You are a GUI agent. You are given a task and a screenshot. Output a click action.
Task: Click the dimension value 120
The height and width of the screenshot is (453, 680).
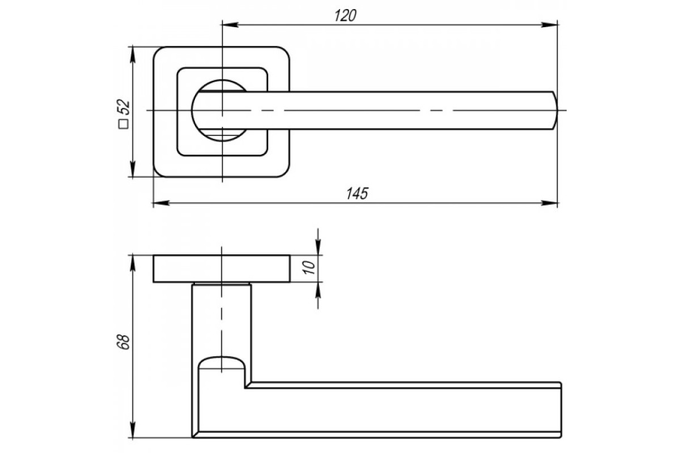(x=345, y=16)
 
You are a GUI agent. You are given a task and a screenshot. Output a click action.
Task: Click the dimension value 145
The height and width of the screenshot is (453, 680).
(x=357, y=194)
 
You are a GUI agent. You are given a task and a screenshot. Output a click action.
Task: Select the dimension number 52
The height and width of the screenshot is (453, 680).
(x=124, y=107)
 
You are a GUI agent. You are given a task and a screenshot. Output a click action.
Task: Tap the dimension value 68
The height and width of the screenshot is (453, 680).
(x=124, y=343)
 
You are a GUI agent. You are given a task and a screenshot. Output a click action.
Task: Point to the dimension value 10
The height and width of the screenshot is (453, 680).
(x=309, y=267)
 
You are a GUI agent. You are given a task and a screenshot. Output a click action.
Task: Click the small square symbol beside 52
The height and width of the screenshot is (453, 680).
(x=124, y=125)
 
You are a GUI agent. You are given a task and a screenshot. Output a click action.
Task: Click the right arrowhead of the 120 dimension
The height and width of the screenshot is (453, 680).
(x=550, y=25)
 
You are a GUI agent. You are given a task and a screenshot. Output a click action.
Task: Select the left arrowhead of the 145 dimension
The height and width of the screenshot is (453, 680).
(x=161, y=203)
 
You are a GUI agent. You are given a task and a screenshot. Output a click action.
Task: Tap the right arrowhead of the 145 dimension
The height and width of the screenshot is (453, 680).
(x=550, y=203)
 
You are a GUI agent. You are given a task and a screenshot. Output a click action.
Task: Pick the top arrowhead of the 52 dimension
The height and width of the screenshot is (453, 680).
(x=133, y=54)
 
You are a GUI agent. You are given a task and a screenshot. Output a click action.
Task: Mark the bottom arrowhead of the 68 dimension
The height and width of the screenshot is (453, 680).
(x=133, y=430)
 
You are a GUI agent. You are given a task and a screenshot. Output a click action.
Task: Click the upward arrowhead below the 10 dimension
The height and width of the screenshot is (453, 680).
(x=318, y=290)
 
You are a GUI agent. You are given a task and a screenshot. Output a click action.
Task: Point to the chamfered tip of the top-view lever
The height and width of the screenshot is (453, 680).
(x=554, y=110)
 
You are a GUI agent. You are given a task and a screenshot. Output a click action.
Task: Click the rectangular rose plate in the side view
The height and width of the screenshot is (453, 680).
(x=222, y=269)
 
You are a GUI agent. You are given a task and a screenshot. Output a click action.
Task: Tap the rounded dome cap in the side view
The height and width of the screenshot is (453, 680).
(x=222, y=362)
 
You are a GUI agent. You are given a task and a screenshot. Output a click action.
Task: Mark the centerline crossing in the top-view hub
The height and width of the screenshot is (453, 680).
(x=222, y=110)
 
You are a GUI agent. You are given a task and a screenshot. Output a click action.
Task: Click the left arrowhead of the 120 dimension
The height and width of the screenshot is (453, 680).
(x=231, y=25)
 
